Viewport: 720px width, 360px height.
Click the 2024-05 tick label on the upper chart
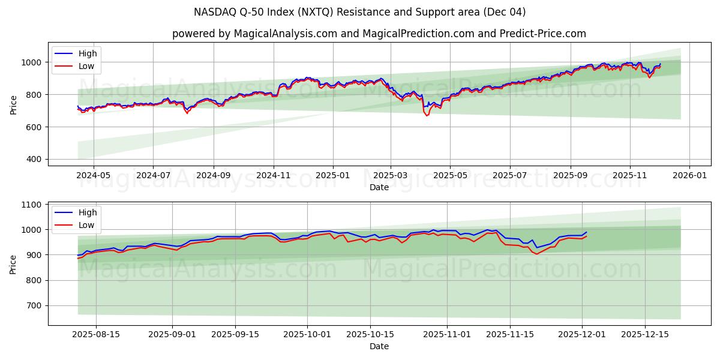tap(94, 176)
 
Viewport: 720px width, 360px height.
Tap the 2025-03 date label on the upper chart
tap(391, 176)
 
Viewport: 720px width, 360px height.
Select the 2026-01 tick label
tap(689, 176)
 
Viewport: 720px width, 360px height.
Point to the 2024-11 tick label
tap(274, 176)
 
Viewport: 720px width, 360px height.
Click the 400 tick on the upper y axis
tap(34, 160)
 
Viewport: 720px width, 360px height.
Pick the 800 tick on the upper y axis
tap(34, 95)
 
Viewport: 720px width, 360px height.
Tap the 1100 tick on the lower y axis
tap(31, 205)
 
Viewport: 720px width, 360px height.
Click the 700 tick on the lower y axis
tap(34, 306)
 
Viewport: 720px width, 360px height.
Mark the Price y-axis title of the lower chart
tap(13, 264)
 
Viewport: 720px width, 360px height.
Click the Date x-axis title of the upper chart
tap(379, 187)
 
